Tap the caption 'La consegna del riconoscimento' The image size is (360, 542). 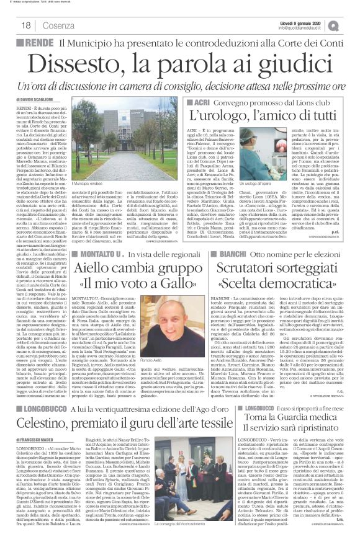click(x=189, y=526)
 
